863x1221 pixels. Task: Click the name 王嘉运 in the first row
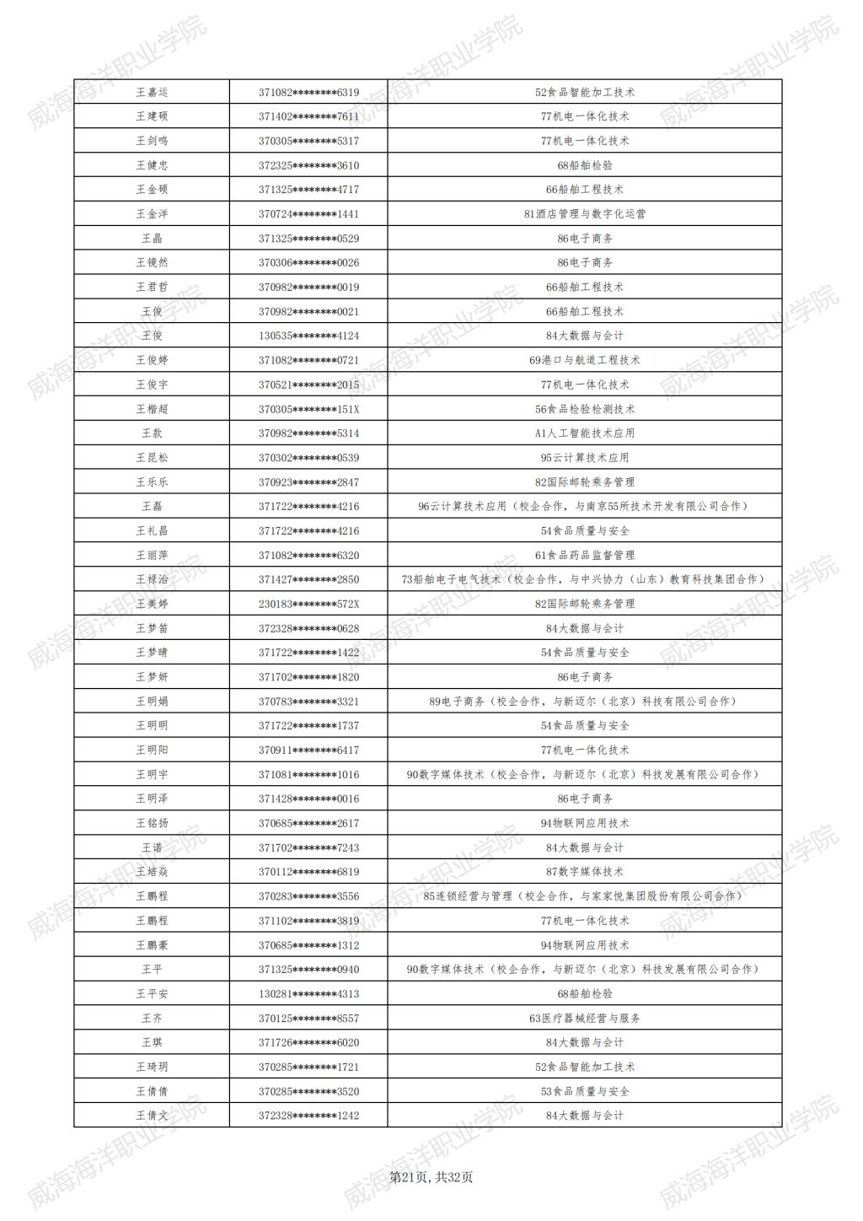tap(152, 92)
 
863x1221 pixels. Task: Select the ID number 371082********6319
tap(308, 92)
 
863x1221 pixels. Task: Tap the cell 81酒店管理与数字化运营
tap(585, 214)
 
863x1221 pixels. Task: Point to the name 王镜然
tap(152, 262)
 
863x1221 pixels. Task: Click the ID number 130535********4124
tap(308, 336)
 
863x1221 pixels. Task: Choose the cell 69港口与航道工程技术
tap(585, 360)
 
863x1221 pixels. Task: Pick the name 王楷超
tap(152, 409)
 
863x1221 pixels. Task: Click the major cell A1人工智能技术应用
tap(585, 433)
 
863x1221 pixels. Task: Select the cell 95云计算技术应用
tap(585, 458)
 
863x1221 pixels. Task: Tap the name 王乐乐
tap(152, 482)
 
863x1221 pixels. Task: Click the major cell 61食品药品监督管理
tap(585, 555)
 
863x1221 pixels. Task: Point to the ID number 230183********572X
tap(308, 604)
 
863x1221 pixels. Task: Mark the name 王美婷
tap(152, 604)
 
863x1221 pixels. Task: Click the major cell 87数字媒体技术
tap(585, 872)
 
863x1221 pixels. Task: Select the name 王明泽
tap(152, 799)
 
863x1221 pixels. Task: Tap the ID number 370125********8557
tap(308, 1018)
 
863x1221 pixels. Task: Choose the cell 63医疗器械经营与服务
tap(585, 1018)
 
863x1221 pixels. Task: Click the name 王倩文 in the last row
tap(152, 1116)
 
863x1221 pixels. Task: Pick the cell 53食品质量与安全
tap(585, 1091)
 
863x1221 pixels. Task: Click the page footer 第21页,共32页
tap(431, 1177)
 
